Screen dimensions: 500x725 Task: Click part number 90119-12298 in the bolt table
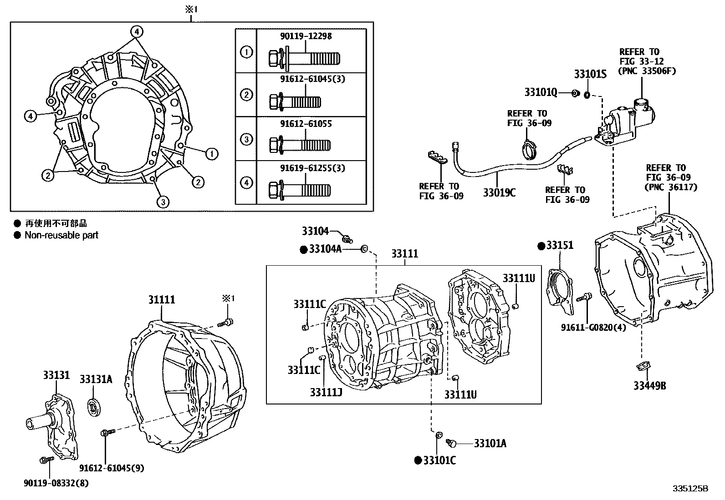click(x=306, y=36)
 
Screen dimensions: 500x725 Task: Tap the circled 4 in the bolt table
click(x=246, y=183)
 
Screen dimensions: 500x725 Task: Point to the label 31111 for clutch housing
click(x=161, y=300)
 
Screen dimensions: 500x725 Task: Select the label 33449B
click(x=649, y=386)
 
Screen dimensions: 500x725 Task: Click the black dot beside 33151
click(x=541, y=246)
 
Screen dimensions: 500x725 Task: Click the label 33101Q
click(x=541, y=93)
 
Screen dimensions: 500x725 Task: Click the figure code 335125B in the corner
click(x=690, y=489)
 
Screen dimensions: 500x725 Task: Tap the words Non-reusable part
click(x=61, y=235)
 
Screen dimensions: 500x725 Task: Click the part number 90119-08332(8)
click(x=56, y=484)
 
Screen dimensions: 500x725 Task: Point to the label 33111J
click(x=326, y=392)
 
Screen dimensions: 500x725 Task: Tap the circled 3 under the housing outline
click(x=163, y=202)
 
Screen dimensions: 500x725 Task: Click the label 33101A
click(x=490, y=443)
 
